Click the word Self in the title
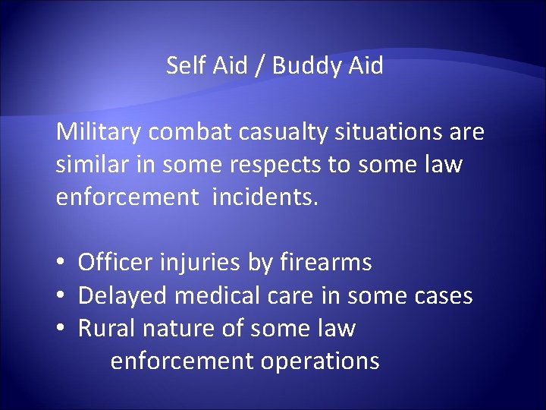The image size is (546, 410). click(184, 66)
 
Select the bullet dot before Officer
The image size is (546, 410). click(60, 263)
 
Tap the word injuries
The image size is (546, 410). click(200, 263)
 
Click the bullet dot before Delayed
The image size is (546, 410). click(60, 295)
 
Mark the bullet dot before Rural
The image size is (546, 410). click(60, 328)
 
